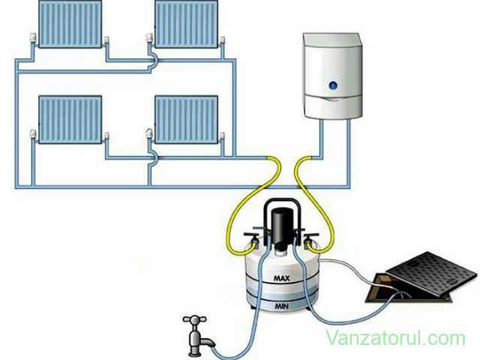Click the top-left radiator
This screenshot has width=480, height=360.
click(x=70, y=23)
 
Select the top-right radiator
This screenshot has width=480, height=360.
click(x=187, y=23)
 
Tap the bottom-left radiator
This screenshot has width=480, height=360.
click(x=70, y=119)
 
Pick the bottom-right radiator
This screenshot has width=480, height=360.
click(x=187, y=119)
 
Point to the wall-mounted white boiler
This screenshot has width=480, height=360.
click(x=333, y=76)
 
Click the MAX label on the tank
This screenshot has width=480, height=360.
click(x=282, y=278)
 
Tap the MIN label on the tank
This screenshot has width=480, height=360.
click(x=281, y=306)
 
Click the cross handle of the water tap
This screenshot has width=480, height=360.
click(x=194, y=320)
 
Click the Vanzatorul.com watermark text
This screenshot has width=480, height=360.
click(x=395, y=338)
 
